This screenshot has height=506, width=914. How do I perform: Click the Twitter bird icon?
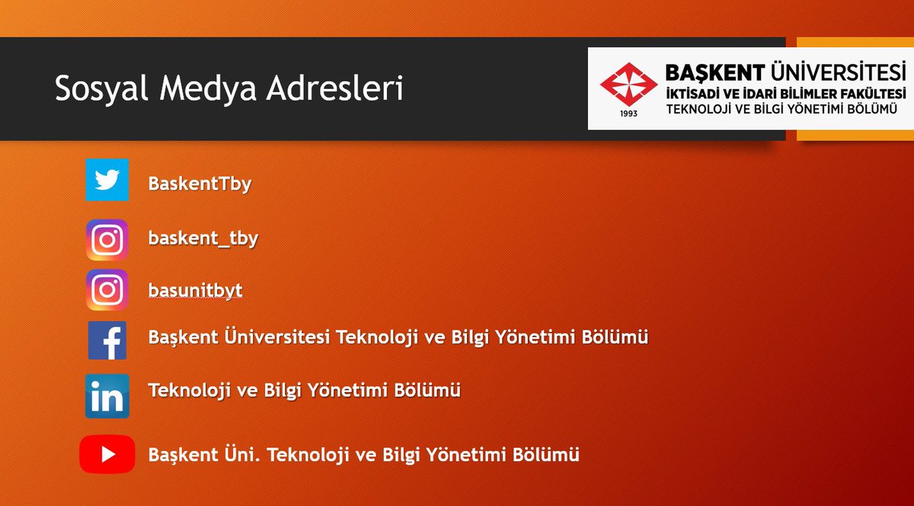coord(107,180)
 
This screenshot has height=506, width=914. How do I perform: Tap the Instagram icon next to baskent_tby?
coord(107,240)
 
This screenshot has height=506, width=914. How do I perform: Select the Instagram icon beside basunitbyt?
coord(107,290)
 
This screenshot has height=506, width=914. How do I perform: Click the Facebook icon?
coord(107,340)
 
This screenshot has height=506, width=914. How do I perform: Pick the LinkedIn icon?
coord(107,396)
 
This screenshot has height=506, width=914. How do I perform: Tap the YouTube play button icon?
coord(107,454)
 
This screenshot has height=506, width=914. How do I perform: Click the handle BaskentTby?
coord(200,184)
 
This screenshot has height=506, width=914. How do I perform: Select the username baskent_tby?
coord(203,239)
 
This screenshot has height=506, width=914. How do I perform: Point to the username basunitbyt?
coord(195,291)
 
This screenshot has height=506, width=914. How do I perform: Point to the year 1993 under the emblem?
coord(629,113)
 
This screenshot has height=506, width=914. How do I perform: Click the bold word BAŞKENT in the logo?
coord(714,73)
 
